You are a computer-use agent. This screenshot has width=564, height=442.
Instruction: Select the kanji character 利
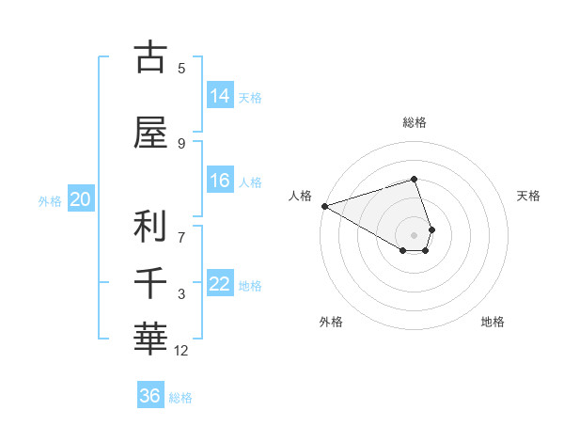point(150,227)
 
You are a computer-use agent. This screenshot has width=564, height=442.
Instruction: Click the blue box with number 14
point(220,96)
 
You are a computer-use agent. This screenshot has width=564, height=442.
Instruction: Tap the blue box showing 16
point(220,181)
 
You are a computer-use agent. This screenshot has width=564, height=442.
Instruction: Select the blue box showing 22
point(220,284)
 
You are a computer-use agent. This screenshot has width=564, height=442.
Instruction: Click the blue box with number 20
point(81,199)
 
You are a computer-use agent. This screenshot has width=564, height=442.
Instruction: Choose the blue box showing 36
point(150,396)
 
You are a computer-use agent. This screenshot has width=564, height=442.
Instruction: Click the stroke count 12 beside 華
point(181,351)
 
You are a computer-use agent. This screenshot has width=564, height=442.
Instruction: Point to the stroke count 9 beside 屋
point(181,144)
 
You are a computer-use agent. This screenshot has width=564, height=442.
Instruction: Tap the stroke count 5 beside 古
point(181,69)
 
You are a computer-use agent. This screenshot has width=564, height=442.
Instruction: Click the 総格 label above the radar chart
point(415,122)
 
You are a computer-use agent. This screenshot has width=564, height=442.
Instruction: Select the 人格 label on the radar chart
point(300,196)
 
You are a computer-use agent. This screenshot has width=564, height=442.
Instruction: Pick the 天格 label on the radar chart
point(528,196)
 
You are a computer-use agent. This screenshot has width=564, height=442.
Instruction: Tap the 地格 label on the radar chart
point(493,322)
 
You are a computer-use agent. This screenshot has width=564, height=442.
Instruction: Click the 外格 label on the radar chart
point(331,322)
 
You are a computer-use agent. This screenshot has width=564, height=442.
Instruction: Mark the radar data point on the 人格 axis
point(324,206)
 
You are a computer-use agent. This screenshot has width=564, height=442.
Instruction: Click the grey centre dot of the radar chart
point(415,234)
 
